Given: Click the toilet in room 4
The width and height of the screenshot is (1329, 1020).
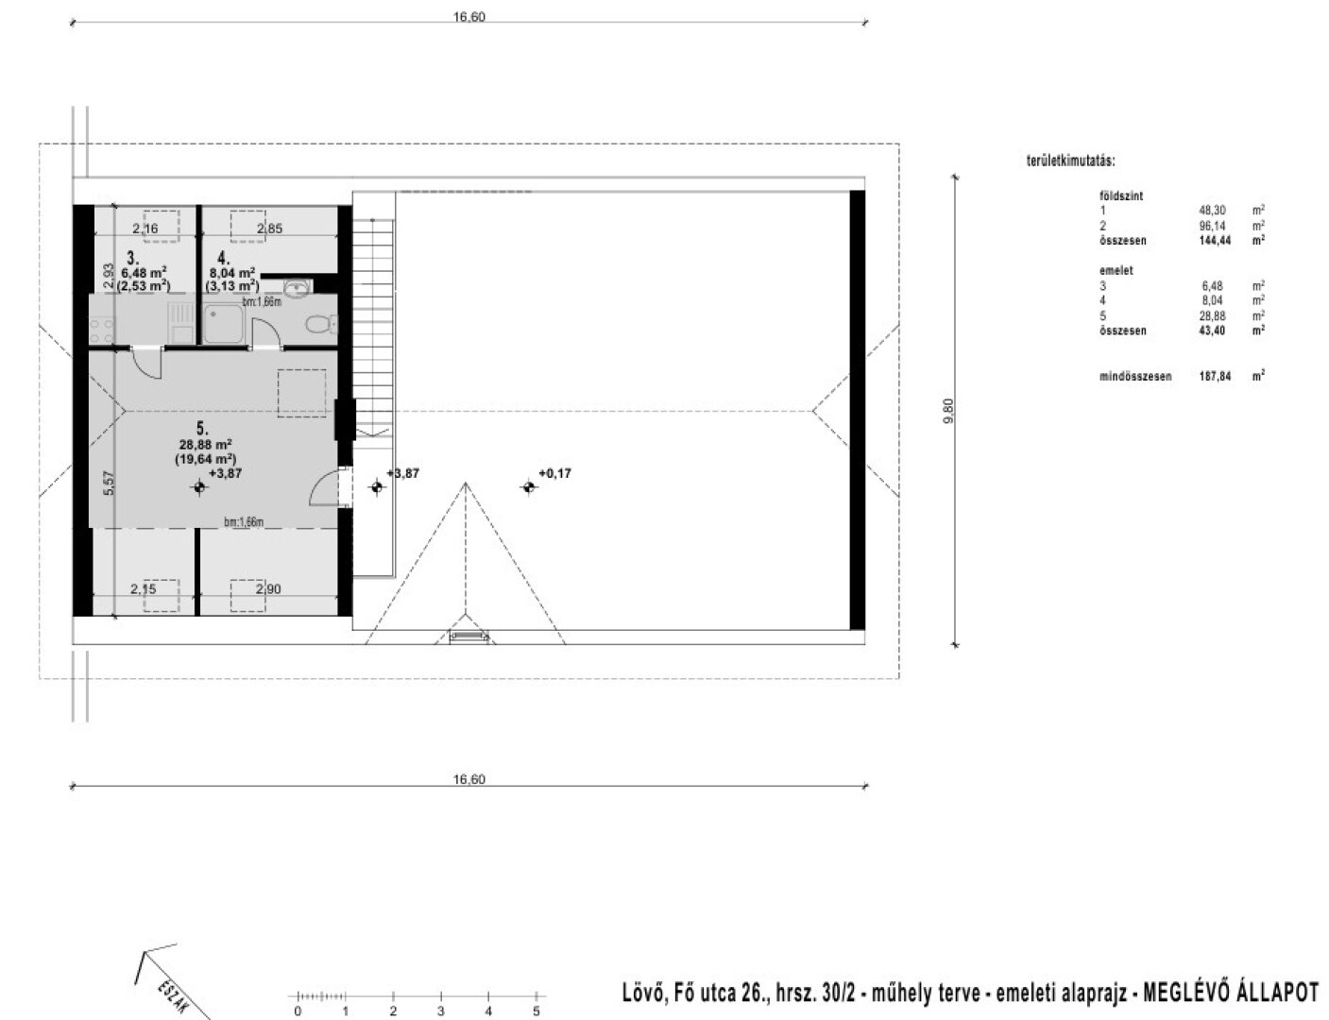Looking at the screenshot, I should pyautogui.click(x=319, y=325).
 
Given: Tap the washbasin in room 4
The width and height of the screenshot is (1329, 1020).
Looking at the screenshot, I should pyautogui.click(x=298, y=286).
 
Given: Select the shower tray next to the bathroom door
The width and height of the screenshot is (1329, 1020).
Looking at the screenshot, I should pyautogui.click(x=224, y=323).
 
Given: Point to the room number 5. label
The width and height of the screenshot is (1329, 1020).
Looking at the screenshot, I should pyautogui.click(x=203, y=427).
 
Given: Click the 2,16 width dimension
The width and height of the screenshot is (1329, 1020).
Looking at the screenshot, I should pyautogui.click(x=145, y=229).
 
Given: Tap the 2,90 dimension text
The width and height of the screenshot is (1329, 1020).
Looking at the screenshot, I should pyautogui.click(x=267, y=588).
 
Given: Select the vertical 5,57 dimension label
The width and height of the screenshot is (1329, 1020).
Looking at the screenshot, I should pyautogui.click(x=110, y=483).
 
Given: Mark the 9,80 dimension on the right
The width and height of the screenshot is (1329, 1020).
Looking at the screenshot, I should pyautogui.click(x=949, y=411).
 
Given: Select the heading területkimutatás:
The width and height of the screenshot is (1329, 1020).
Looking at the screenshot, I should pyautogui.click(x=1070, y=162).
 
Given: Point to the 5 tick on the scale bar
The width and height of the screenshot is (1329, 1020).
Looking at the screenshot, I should pyautogui.click(x=536, y=1011).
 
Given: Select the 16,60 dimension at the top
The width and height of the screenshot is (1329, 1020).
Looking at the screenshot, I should pyautogui.click(x=469, y=17).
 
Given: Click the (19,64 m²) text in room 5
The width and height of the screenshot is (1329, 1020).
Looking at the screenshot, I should pyautogui.click(x=205, y=459).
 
